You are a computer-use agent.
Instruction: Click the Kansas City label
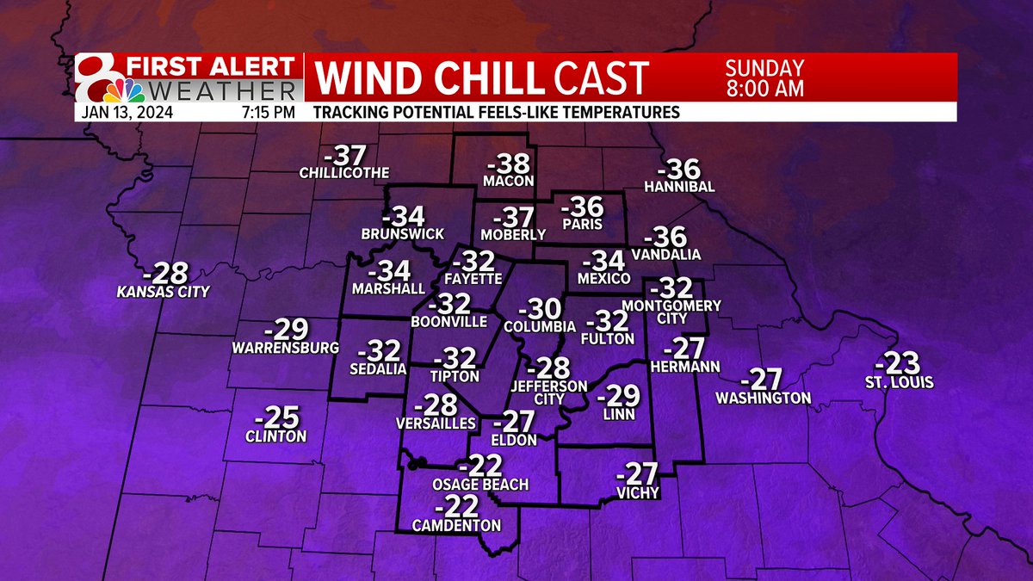pos(164,293)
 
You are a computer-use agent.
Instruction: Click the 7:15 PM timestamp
pos(261,112)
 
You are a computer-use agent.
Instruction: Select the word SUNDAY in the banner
pos(764,68)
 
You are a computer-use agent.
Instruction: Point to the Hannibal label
pos(679,187)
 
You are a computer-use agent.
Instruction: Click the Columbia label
pos(540,327)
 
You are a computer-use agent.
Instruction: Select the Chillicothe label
pos(344,173)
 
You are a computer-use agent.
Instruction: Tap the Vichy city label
pos(638,493)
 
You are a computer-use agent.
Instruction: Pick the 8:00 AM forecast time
pos(764,87)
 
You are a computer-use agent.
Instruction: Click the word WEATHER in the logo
pos(217,90)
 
